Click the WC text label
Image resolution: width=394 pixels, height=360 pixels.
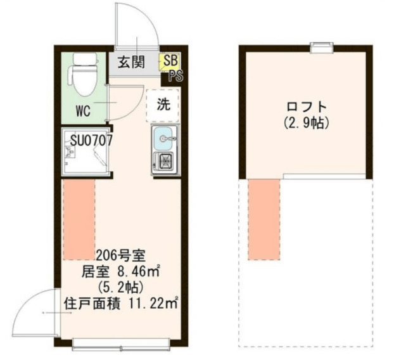tap(83, 112)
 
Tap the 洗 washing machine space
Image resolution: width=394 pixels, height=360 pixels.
tap(163, 106)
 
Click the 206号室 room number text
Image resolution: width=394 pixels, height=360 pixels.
tap(120, 256)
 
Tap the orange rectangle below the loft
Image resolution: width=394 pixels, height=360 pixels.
tap(264, 219)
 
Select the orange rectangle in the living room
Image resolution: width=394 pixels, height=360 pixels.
tap(79, 219)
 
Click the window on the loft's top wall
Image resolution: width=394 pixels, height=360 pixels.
tap(322, 46)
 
